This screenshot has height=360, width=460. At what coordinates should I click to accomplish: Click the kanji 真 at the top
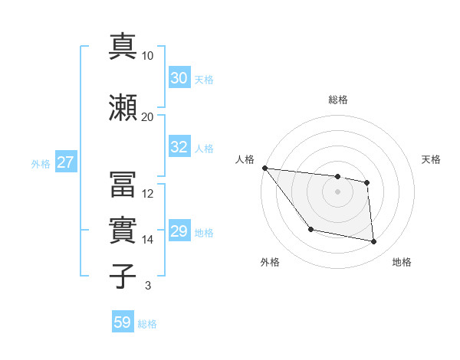pos(123,47)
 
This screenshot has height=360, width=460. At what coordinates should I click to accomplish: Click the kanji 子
pos(123,276)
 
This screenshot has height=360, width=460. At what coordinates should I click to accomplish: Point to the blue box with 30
pos(179,78)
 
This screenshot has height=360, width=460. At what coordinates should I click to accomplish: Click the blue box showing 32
pos(179,148)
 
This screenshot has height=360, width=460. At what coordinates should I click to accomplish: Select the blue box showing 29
pos(179,231)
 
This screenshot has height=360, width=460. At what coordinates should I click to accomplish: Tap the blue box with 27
pos(65,162)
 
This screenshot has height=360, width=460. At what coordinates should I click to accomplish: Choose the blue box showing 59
pos(123,322)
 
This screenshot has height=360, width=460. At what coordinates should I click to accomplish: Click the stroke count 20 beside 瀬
pos(148,116)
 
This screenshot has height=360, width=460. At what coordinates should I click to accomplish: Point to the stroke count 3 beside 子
pos(148,286)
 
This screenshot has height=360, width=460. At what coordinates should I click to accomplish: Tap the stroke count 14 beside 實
pos(148,240)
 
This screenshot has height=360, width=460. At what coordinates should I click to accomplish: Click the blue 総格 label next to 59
pos(147,324)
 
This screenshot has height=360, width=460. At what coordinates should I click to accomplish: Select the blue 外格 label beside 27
pos(41,163)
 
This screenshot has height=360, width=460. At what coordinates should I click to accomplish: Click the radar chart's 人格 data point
pos(264,168)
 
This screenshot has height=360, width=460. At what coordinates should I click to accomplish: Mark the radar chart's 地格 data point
pos(374,242)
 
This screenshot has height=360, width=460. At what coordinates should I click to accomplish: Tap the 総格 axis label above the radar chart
pos(338,100)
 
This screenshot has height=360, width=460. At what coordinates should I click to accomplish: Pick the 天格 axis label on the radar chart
pos(432,159)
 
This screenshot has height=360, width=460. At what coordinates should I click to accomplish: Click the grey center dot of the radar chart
pos(338,191)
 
